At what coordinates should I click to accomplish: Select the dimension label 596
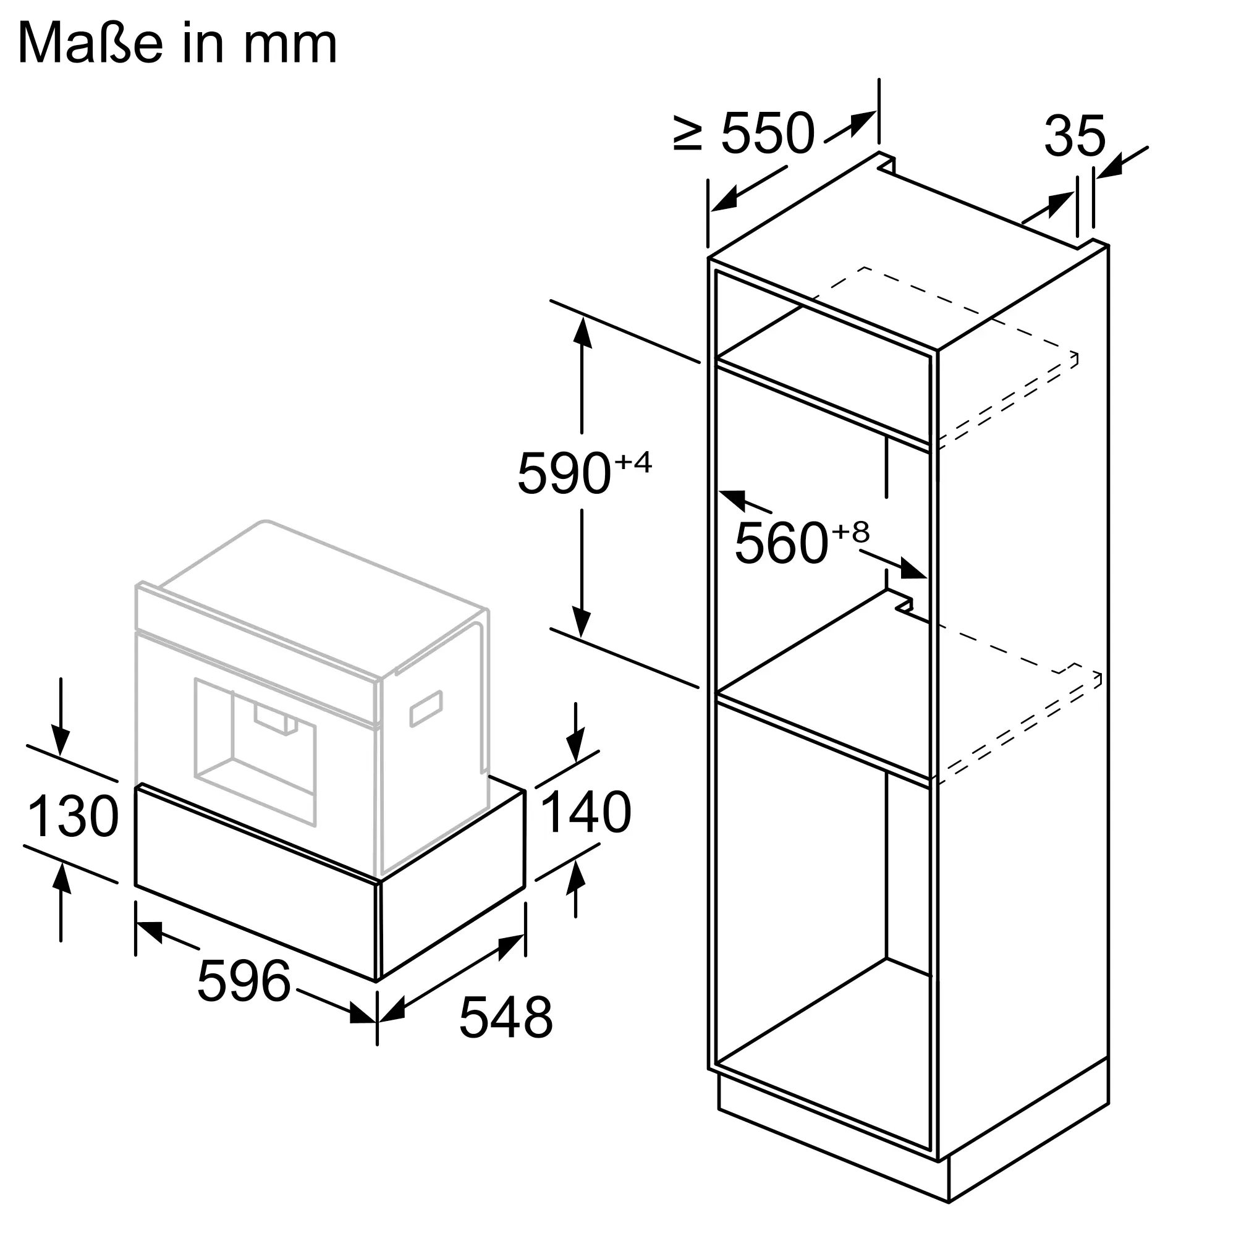pyautogui.click(x=243, y=981)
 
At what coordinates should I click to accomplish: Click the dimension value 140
pyautogui.click(x=586, y=812)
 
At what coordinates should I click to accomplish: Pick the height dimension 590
pyautogui.click(x=564, y=473)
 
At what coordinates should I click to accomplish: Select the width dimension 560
pyautogui.click(x=781, y=543)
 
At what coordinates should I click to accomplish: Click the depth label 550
pyautogui.click(x=768, y=133)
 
